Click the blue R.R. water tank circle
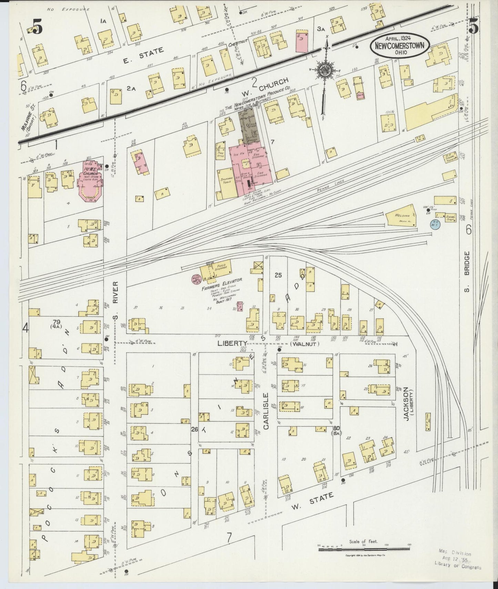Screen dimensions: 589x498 point(435,225)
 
